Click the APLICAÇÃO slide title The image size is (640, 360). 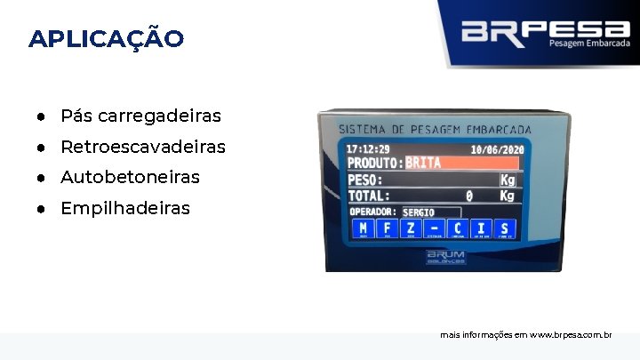pyautogui.click(x=107, y=39)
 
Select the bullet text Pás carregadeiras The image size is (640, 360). pyautogui.click(x=140, y=116)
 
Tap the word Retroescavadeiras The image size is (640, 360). pyautogui.click(x=142, y=146)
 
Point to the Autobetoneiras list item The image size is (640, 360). pyautogui.click(x=130, y=177)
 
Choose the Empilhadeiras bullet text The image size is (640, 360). pyautogui.click(x=124, y=208)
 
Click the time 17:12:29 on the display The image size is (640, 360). pyautogui.click(x=368, y=148)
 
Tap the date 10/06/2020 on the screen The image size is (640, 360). pyautogui.click(x=497, y=150)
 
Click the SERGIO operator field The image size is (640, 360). pyautogui.click(x=430, y=212)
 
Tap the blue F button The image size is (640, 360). pyautogui.click(x=386, y=228)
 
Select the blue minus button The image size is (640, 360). pyautogui.click(x=433, y=228)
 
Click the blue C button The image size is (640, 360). pyautogui.click(x=457, y=228)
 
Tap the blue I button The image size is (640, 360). pyautogui.click(x=481, y=228)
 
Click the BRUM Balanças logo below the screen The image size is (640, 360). pyautogui.click(x=445, y=257)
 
